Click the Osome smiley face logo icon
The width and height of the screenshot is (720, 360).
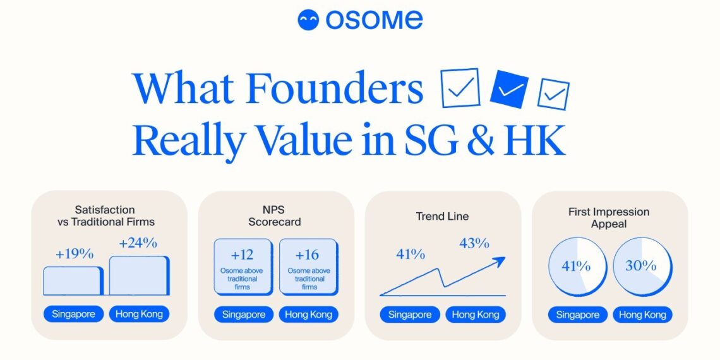[309, 20]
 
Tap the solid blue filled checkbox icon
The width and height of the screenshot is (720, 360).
[509, 88]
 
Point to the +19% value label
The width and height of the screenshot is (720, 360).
[75, 254]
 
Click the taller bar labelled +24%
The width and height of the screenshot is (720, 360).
[139, 275]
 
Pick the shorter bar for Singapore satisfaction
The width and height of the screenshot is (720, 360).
[73, 281]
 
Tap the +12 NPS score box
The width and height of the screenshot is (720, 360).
[243, 266]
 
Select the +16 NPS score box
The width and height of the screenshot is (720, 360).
[309, 266]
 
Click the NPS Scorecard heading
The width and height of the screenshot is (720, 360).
[275, 215]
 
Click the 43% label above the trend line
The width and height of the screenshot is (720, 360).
[474, 243]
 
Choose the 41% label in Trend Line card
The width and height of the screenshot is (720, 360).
[411, 255]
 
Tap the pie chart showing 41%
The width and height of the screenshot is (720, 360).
[576, 267]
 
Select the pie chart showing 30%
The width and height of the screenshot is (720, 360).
[642, 267]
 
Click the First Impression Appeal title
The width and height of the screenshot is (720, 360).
[608, 218]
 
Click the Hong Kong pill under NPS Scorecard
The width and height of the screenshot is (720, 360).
[309, 315]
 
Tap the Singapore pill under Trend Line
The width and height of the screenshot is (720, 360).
[410, 315]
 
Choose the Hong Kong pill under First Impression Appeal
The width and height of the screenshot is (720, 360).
[642, 315]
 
